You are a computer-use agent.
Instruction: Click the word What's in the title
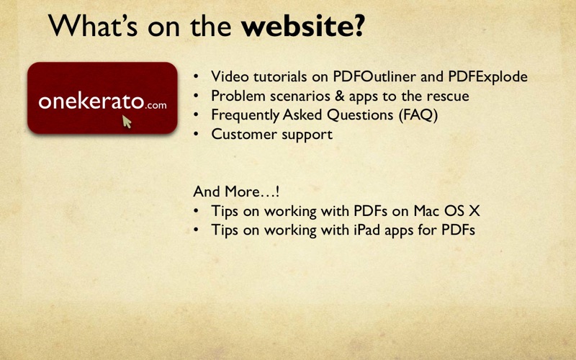coord(93,25)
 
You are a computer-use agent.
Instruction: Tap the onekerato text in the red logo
coord(91,101)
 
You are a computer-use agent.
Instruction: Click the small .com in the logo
coord(156,106)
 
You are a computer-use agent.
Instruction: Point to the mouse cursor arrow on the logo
coord(127,122)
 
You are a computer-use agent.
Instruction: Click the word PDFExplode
coord(488,77)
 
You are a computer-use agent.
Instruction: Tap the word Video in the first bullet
coord(230,76)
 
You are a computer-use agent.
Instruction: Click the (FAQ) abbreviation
coord(418,115)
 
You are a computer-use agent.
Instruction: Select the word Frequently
coord(245,115)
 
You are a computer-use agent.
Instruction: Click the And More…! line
coord(236,192)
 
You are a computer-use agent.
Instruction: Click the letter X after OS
coord(474,211)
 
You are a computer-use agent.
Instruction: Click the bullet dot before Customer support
coord(196,135)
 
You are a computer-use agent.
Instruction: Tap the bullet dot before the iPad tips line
coord(196,230)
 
